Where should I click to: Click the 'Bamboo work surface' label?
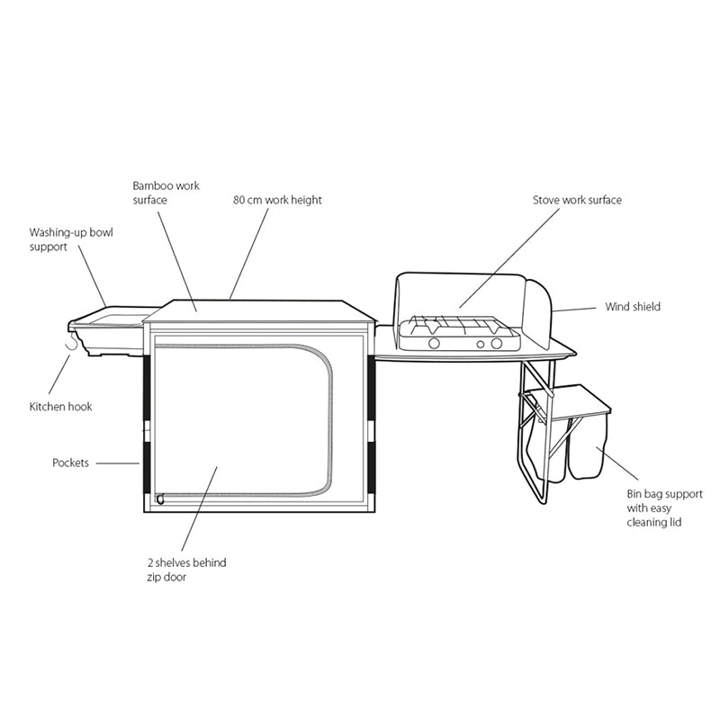point(166,193)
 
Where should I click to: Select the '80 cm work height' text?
point(277,200)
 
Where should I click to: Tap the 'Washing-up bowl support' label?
point(71,238)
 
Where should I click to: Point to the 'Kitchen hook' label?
point(61,407)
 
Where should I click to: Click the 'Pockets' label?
point(71,463)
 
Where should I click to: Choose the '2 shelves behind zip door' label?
point(187,570)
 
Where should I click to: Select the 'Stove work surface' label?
point(577,200)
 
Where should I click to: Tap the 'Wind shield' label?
point(633,307)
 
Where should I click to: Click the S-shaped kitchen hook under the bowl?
point(72,345)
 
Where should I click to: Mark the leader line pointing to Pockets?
point(116,463)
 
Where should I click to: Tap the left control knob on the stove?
point(433,343)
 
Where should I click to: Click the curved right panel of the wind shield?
point(538,315)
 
